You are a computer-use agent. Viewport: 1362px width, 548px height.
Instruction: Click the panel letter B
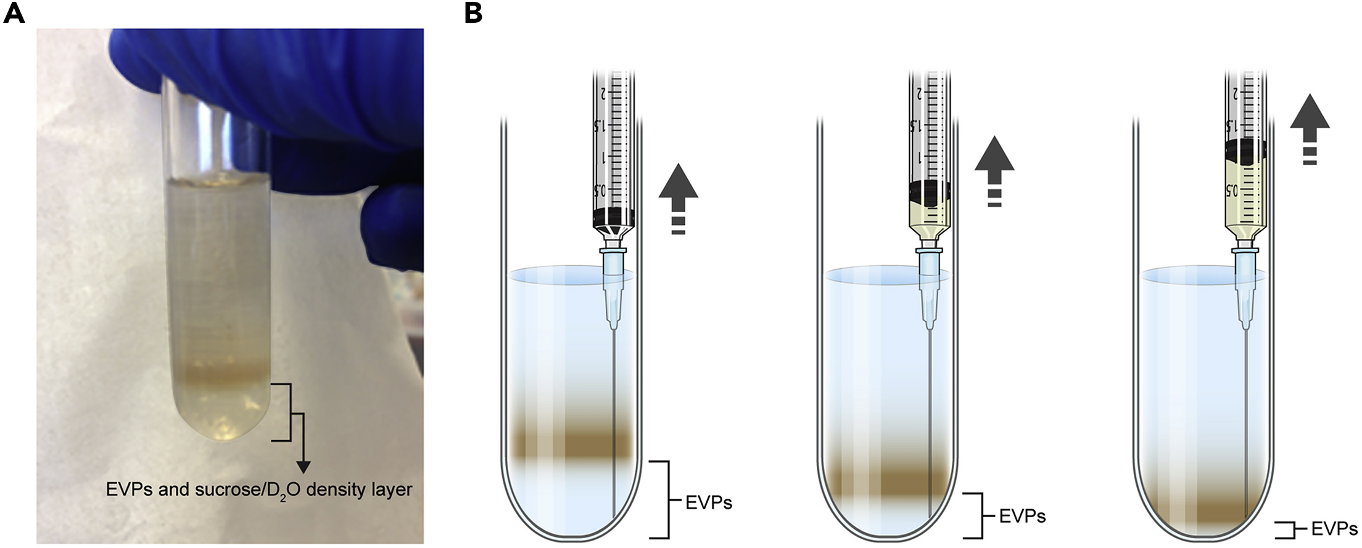click(473, 12)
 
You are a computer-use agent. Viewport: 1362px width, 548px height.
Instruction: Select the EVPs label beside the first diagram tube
click(709, 503)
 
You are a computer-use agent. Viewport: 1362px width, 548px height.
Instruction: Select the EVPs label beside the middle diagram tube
click(1022, 516)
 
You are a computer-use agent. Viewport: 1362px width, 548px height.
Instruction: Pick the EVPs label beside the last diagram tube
click(1334, 530)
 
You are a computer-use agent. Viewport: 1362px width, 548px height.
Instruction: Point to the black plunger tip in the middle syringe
click(930, 192)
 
